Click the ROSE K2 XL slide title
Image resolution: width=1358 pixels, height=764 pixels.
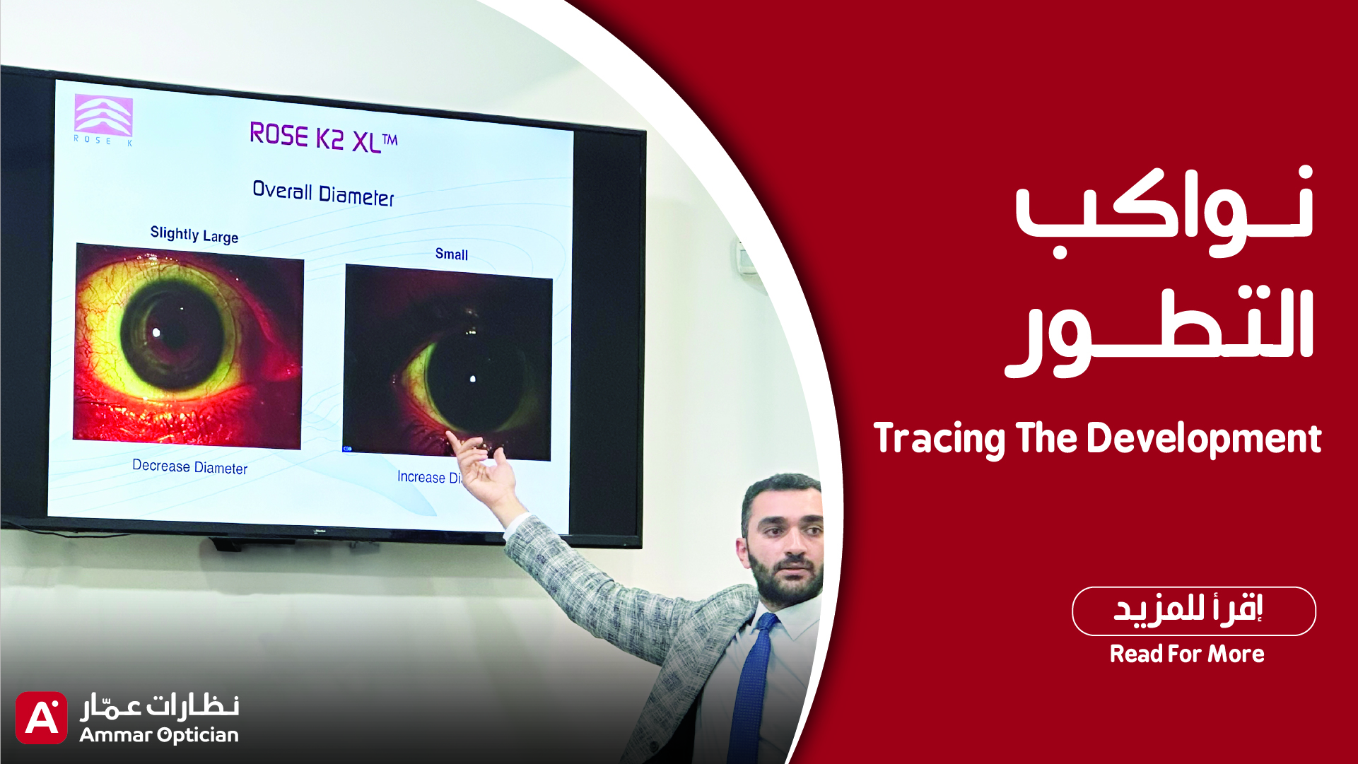(324, 137)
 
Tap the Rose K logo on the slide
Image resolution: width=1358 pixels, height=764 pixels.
(103, 119)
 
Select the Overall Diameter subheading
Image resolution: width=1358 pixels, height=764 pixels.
(323, 193)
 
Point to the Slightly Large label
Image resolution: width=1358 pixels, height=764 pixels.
(194, 234)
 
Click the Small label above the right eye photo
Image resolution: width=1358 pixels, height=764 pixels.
(452, 254)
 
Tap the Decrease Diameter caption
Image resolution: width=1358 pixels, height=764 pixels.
(189, 466)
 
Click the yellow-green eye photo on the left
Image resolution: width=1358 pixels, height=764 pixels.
(189, 346)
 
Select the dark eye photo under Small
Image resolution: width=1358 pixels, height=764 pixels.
(447, 362)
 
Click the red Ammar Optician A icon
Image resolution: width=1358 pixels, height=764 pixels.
(41, 717)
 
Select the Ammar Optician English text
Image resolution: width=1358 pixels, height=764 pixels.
(159, 735)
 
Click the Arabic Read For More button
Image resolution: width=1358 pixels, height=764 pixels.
(1193, 611)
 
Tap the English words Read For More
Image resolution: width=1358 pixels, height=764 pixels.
(1187, 654)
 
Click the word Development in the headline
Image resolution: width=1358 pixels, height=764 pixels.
(1204, 439)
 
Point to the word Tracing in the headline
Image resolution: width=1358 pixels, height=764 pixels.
(940, 439)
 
